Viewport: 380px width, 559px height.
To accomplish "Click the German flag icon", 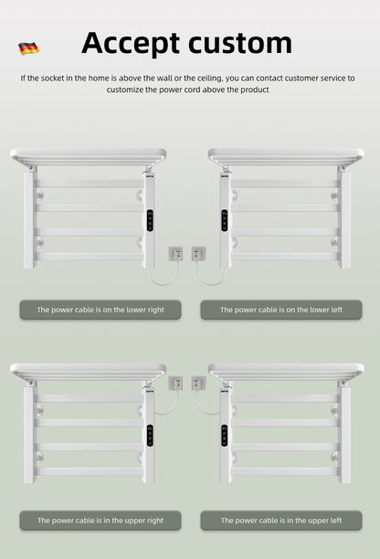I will (x=27, y=47).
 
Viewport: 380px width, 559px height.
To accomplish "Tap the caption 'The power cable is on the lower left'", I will (x=281, y=310).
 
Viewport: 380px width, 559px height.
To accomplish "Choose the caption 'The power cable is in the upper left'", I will (x=281, y=520).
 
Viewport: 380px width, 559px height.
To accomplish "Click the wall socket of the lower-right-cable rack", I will (x=176, y=252).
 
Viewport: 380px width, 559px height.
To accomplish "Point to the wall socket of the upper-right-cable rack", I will (x=176, y=383).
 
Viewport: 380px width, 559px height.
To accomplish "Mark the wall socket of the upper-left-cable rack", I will (x=198, y=383).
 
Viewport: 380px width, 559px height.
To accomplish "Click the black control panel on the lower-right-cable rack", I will (x=149, y=221).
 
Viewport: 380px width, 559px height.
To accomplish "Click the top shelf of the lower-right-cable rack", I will (x=88, y=155).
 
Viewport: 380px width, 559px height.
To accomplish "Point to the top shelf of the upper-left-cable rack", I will (x=285, y=370).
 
